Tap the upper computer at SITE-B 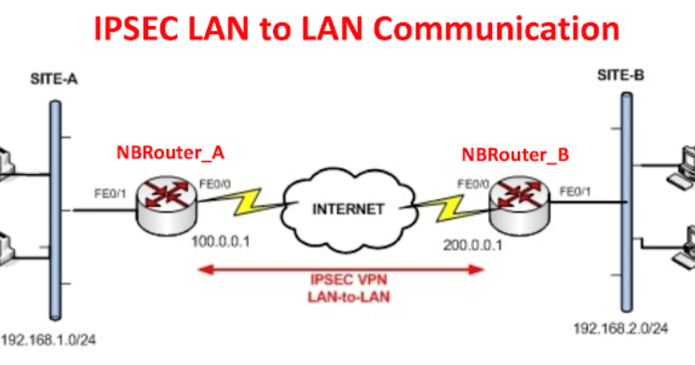(685, 167)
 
